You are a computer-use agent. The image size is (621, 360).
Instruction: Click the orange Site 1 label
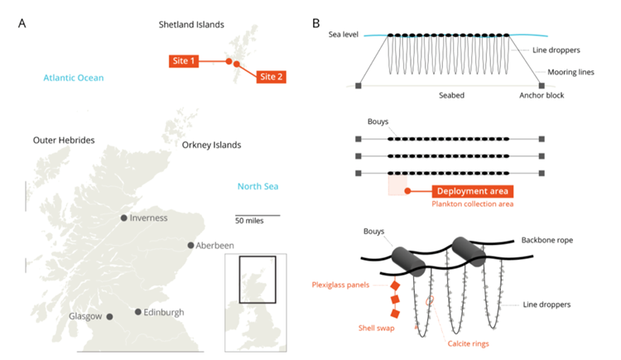[x=182, y=60]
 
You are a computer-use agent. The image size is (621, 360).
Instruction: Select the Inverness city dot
[x=123, y=218]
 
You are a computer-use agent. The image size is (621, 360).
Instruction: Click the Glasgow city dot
[x=109, y=316]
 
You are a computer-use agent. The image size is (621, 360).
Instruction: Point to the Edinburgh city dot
[x=137, y=312]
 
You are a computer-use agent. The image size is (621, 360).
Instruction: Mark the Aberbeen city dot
[x=191, y=246]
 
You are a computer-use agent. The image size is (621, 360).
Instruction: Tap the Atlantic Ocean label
[x=74, y=78]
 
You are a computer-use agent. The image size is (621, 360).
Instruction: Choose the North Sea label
[x=258, y=185]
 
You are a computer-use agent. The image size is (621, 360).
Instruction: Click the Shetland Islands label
[x=191, y=25]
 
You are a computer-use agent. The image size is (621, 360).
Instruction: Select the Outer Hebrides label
[x=64, y=140]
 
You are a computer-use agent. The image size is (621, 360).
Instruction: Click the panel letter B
[x=316, y=22]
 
